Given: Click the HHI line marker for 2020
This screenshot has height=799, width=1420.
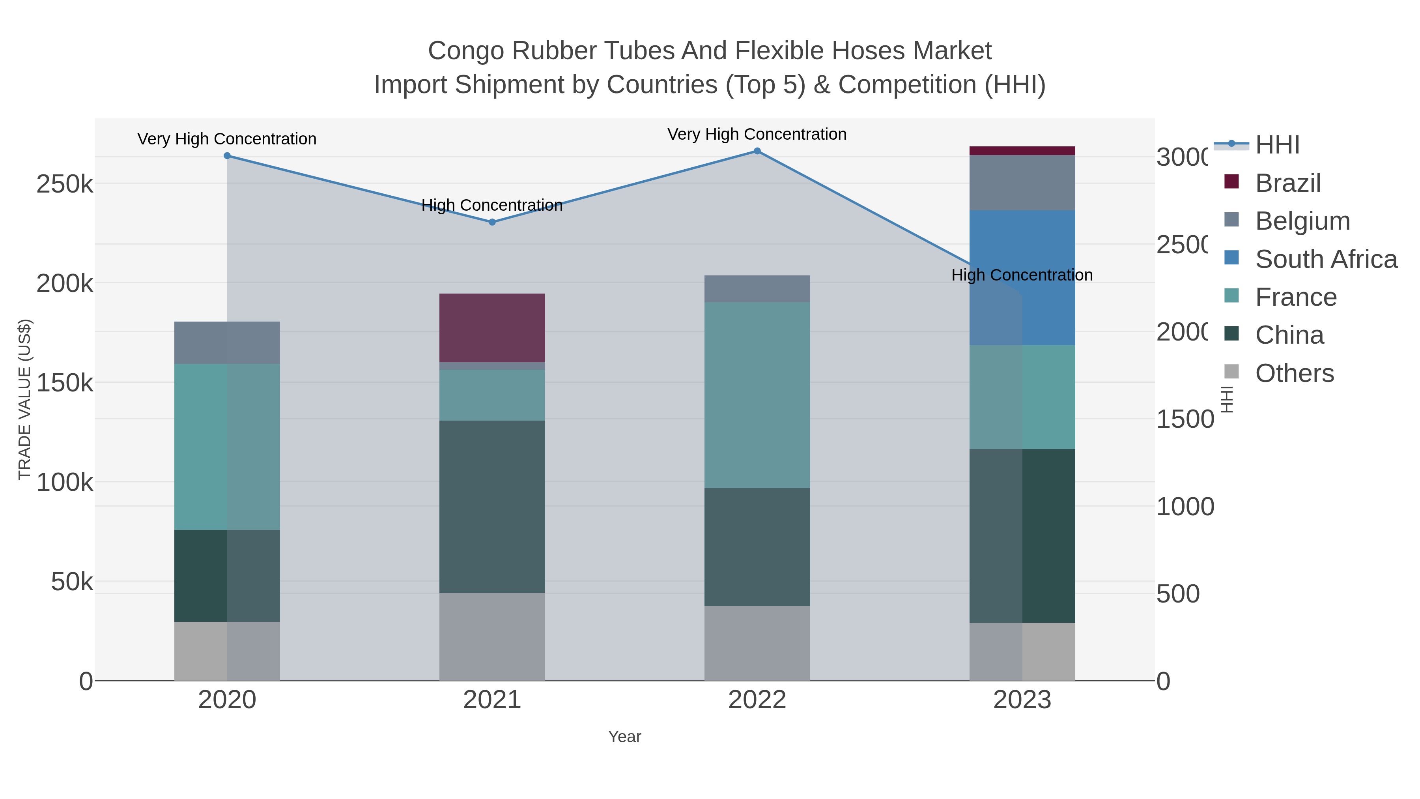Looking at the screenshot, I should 227,156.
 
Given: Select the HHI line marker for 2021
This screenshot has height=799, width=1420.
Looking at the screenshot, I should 492,222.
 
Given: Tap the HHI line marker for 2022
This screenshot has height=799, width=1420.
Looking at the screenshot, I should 757,151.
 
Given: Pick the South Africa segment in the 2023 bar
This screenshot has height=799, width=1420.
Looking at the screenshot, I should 1022,277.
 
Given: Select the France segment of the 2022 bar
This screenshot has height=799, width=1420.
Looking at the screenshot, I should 757,395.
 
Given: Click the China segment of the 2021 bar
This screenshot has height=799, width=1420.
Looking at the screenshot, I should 492,507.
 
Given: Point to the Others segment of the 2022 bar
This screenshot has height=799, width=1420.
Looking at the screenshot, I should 757,643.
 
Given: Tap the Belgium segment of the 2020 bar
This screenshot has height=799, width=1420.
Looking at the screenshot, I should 227,342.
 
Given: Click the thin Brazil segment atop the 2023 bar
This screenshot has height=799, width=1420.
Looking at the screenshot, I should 1022,151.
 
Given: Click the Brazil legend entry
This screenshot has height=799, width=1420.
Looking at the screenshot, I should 1288,183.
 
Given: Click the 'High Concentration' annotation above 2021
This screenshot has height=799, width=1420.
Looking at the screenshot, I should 492,205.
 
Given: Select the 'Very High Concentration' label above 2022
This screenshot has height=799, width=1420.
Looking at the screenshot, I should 757,134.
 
